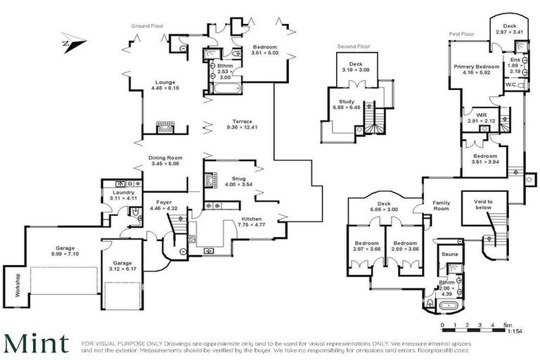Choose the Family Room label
442,205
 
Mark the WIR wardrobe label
481,117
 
